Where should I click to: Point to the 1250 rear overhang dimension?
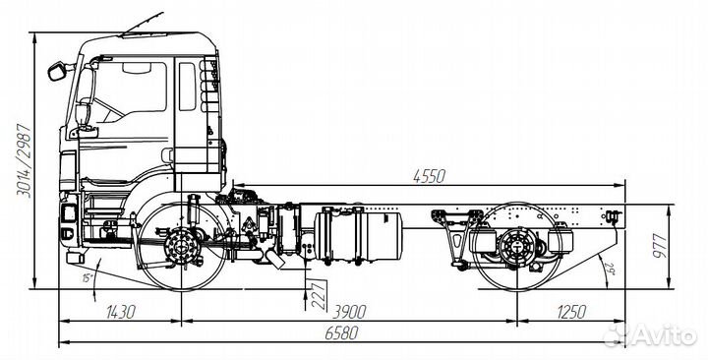click(x=570, y=312)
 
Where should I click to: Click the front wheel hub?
click(x=181, y=245)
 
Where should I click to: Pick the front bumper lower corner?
click(x=74, y=259)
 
